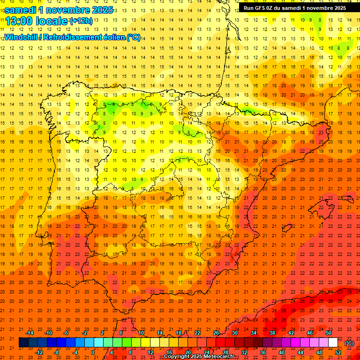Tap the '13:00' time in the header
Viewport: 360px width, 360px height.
point(18,21)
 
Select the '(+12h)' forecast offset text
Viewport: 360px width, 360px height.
point(81,21)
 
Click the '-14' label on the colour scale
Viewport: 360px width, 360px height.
point(30,333)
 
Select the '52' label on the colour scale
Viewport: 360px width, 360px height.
point(338,352)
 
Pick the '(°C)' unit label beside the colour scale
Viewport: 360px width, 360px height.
point(349,343)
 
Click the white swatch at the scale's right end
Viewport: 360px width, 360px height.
point(333,343)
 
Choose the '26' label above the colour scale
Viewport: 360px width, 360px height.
point(216,333)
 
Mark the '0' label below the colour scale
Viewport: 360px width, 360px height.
point(93,352)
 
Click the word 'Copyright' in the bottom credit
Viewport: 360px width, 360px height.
point(177,357)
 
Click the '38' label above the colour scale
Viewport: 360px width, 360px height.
point(272,333)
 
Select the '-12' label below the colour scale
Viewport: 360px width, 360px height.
point(39,352)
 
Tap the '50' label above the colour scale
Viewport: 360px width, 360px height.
point(329,333)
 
